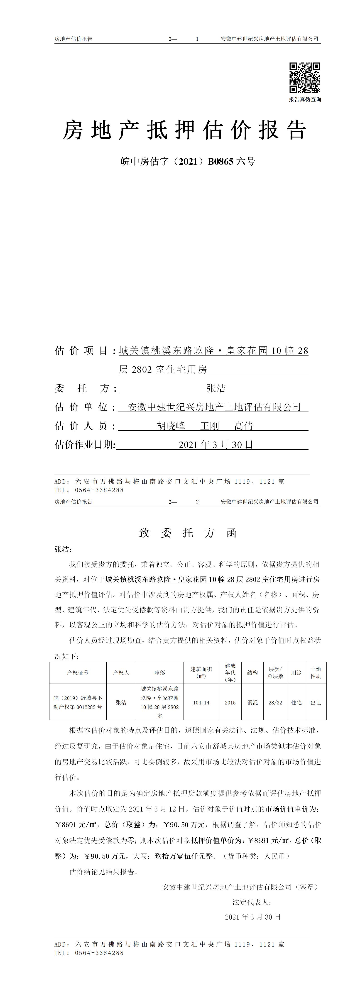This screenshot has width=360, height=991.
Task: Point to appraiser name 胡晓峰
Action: point(171,426)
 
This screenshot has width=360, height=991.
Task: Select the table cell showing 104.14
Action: point(201,702)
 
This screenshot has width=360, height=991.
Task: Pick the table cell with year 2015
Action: point(230,702)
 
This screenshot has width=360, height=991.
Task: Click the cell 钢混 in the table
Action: point(252,702)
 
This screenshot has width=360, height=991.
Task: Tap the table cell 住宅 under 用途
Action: point(296,702)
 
